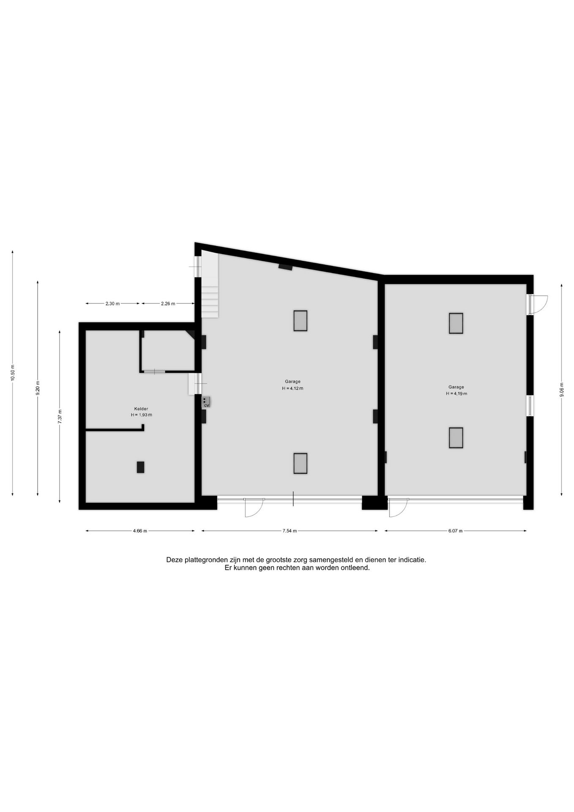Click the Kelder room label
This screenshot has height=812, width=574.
(x=141, y=409)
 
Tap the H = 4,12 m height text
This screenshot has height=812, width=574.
(x=292, y=388)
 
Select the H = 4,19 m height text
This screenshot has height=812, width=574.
(x=456, y=394)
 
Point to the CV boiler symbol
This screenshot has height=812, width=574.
(x=206, y=402)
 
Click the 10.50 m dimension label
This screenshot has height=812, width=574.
(x=13, y=373)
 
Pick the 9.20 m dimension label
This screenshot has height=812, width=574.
(x=38, y=388)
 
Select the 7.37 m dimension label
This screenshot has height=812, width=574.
(x=60, y=416)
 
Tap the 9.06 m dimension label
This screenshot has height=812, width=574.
(x=562, y=390)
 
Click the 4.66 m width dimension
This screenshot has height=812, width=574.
(x=140, y=531)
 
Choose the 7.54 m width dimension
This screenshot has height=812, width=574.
(x=290, y=531)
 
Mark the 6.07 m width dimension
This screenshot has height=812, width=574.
(x=456, y=531)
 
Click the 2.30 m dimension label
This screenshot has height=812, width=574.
(x=112, y=304)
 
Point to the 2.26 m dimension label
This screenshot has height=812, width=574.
(x=168, y=304)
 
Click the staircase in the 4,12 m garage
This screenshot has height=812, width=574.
(x=210, y=285)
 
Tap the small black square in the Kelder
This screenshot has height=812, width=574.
(x=140, y=467)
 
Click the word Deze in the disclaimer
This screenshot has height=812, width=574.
(x=175, y=560)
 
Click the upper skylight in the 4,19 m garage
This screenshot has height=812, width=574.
(x=456, y=324)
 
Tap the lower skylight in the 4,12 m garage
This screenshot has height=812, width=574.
(x=301, y=464)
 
